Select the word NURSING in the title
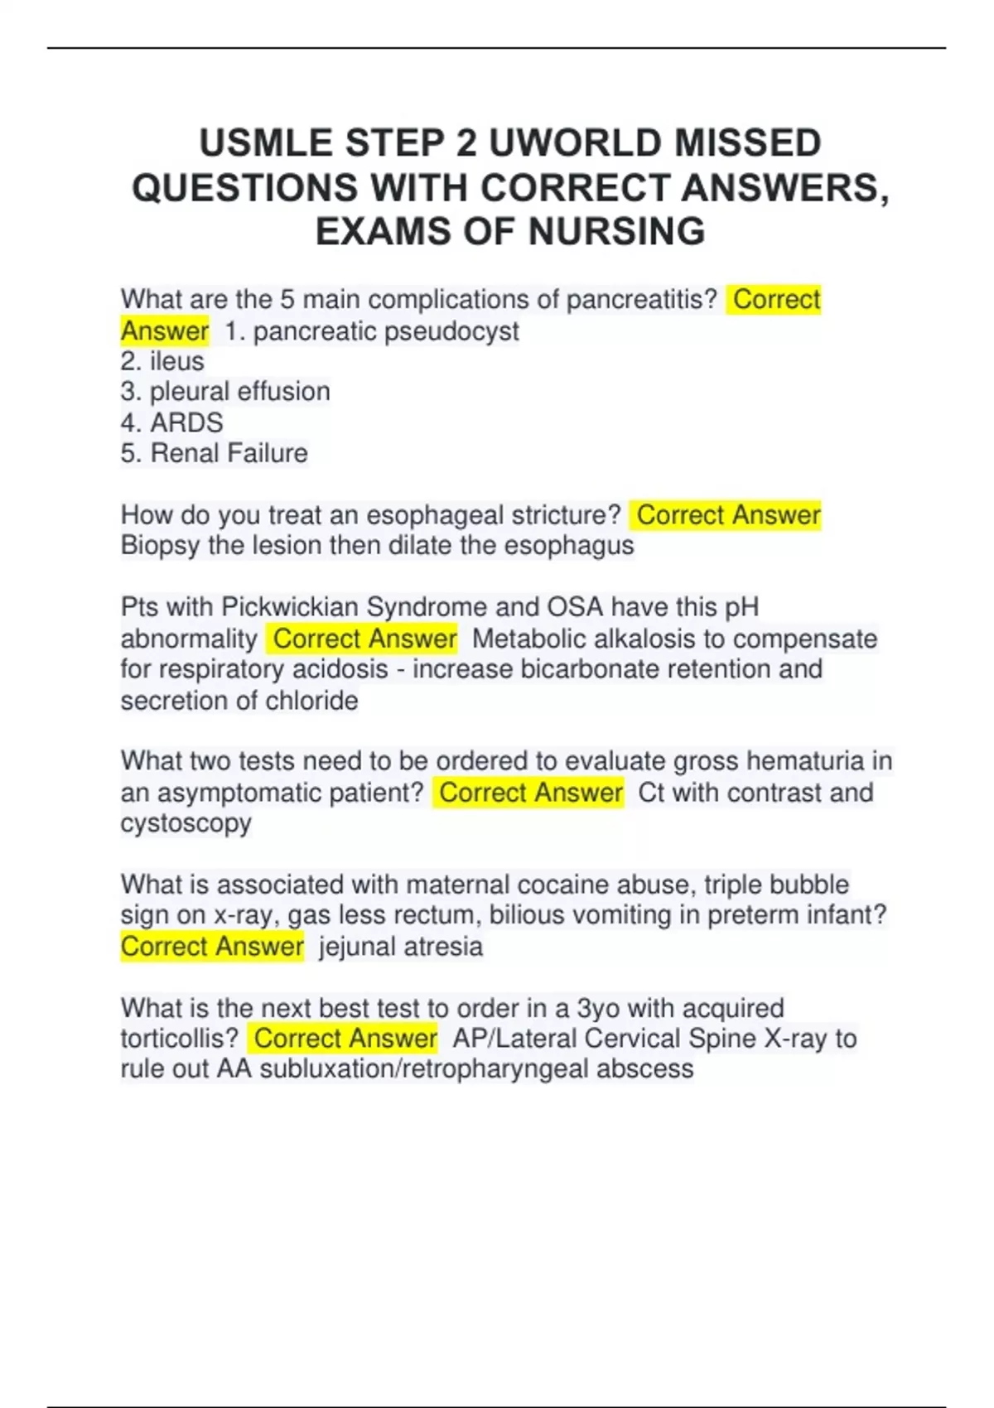616,231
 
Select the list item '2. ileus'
162,361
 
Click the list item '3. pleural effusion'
225,392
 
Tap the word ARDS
186,422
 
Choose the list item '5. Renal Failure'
214,453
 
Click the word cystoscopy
186,823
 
